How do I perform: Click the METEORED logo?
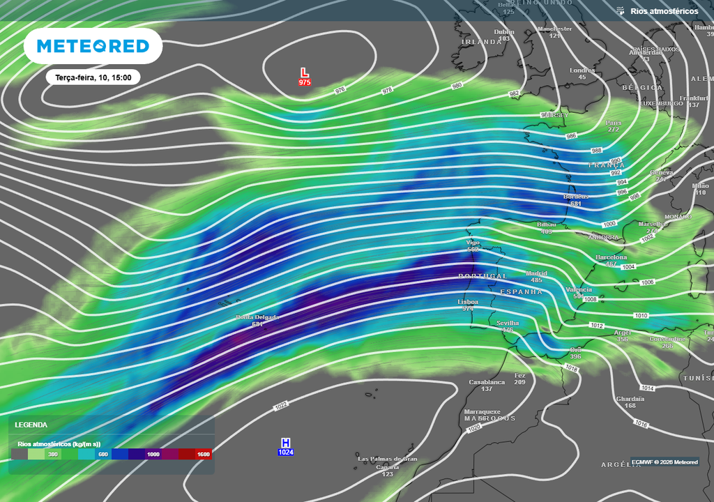93,46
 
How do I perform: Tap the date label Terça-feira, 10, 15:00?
93,77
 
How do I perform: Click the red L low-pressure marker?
304,73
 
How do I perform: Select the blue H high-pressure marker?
285,443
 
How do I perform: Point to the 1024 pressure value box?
286,452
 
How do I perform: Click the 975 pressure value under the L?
304,82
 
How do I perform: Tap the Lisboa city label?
468,302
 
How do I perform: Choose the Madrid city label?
536,273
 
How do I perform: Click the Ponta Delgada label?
256,317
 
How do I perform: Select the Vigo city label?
473,243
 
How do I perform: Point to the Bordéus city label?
576,197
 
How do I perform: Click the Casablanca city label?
487,382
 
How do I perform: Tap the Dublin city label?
504,31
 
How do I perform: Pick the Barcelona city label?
612,257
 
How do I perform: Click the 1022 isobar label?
281,405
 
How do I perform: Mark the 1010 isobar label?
641,316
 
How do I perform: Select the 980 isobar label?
457,86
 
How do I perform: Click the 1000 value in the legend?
153,454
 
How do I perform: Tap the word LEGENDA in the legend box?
31,425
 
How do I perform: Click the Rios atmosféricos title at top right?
664,11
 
